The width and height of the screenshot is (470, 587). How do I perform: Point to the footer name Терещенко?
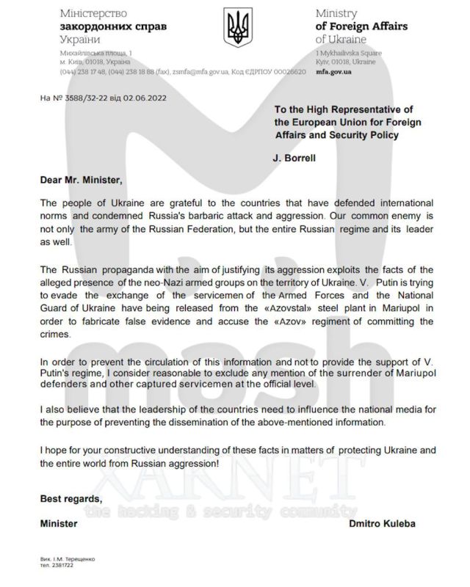77,559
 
